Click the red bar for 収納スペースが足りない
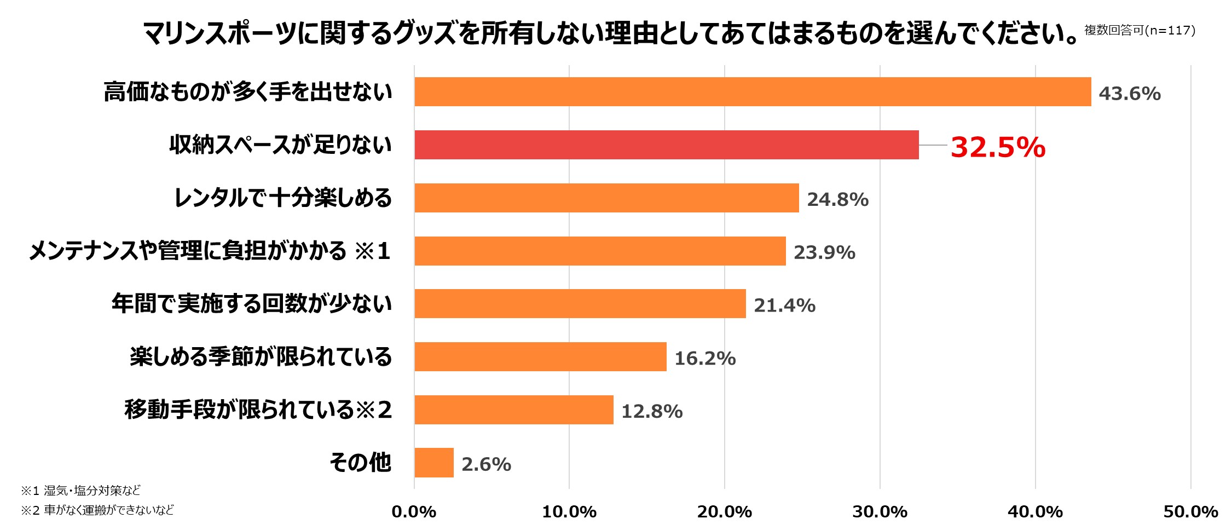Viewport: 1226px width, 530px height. click(666, 145)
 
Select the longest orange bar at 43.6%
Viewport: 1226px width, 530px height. click(753, 92)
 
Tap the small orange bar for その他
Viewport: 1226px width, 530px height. click(434, 463)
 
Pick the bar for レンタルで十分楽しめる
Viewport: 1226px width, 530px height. click(606, 198)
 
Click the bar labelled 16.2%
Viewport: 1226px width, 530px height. click(540, 356)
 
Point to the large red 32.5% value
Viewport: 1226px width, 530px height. click(998, 147)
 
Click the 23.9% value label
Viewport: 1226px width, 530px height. click(824, 252)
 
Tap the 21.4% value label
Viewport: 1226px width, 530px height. click(784, 306)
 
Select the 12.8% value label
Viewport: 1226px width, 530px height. click(652, 411)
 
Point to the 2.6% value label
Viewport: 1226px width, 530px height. click(486, 464)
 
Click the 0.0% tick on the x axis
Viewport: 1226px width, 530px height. click(414, 512)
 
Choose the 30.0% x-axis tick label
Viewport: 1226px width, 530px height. click(880, 512)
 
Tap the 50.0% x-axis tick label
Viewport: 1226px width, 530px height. click(1190, 512)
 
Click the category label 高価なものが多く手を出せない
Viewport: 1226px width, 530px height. click(248, 92)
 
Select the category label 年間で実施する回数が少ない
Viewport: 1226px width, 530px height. click(252, 304)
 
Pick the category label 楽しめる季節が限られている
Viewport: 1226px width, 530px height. click(261, 356)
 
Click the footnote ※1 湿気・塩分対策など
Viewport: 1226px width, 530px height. click(81, 490)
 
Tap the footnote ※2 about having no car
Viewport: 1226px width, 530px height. click(97, 510)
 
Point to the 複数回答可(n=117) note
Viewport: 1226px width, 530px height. click(1140, 31)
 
